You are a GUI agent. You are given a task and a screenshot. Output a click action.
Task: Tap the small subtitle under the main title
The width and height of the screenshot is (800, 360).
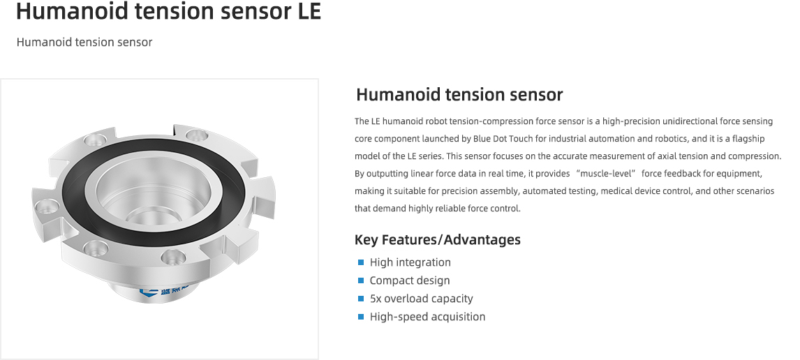coord(84,43)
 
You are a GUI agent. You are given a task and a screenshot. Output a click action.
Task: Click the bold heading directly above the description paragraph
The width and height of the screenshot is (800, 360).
coord(459,94)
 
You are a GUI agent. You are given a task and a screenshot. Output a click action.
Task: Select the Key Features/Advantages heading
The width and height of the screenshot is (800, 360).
coord(437,240)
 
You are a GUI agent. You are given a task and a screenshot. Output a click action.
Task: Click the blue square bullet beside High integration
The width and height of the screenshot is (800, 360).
coord(361,262)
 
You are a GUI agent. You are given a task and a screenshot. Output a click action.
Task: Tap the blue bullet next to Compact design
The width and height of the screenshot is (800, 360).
coord(361,280)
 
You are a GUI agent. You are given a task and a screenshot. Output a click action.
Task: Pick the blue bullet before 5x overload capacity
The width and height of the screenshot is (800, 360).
coord(361,299)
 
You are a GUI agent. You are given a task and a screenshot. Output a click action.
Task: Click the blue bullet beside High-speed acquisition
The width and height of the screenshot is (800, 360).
coord(361,317)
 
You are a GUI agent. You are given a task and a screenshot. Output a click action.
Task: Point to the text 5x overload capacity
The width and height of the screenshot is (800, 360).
coord(421,299)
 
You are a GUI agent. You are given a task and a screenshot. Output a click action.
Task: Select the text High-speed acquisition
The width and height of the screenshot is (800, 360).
coord(427,317)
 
